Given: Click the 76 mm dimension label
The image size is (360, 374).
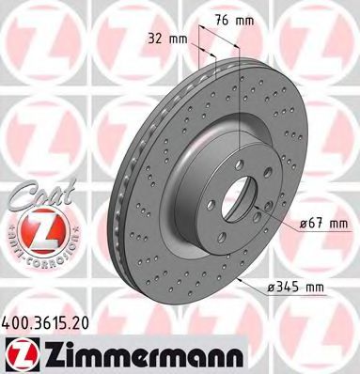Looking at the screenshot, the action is point(234,21).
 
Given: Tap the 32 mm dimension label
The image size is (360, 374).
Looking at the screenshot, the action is point(167,39).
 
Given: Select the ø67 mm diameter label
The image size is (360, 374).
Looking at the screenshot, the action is point(324,224).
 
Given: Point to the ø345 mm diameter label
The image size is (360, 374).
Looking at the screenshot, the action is point(295,287).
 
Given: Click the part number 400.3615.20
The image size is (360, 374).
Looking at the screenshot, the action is point(45,322).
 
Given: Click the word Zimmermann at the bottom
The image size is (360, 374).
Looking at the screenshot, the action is point(143,356).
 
